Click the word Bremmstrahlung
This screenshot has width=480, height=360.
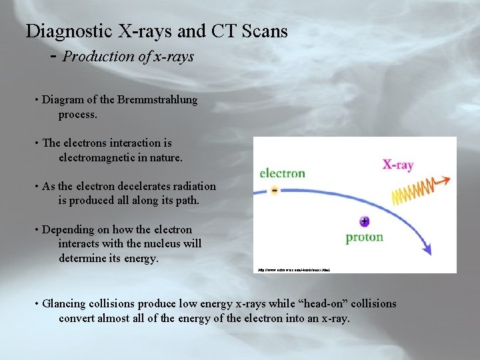[157, 100]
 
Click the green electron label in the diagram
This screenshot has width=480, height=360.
[283, 173]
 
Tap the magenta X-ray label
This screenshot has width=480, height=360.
[397, 164]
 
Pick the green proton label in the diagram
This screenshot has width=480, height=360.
[364, 237]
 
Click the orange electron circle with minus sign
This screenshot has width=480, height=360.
[275, 190]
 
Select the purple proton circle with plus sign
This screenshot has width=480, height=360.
[364, 221]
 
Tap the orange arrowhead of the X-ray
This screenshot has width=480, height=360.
[445, 180]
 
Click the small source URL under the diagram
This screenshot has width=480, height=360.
[293, 270]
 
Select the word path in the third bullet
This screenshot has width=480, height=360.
[185, 201]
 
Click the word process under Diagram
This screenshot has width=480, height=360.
[77, 115]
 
